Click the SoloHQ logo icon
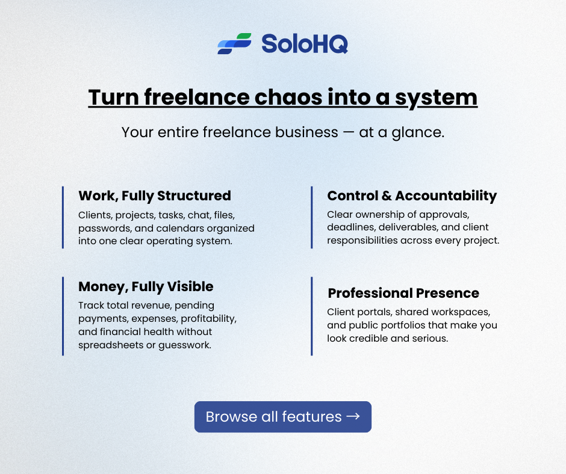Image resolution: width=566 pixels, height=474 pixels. (234, 44)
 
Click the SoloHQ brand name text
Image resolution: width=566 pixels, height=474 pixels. (304, 44)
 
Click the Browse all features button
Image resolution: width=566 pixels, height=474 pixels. (282, 417)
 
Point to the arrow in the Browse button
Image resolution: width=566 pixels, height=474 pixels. (353, 417)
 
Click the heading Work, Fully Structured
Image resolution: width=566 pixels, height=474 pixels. (155, 195)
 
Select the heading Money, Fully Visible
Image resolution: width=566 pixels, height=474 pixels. (146, 286)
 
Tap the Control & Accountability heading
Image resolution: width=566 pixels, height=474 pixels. (412, 195)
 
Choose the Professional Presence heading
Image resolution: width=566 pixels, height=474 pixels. (403, 294)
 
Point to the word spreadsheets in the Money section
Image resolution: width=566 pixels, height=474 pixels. (105, 345)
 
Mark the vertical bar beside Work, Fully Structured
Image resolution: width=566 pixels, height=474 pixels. (63, 217)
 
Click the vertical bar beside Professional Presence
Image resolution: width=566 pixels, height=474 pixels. (312, 316)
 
